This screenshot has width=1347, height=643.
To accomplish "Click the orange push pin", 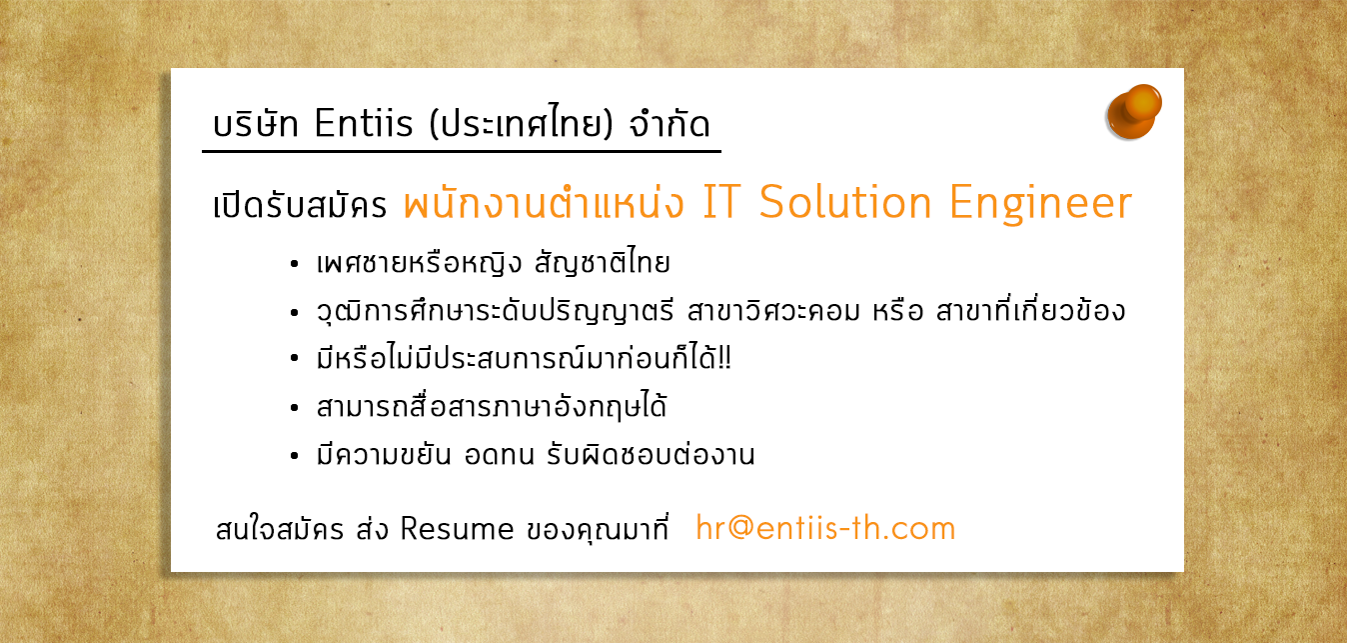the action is (1133, 112).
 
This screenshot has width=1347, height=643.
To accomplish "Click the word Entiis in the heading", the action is (364, 123).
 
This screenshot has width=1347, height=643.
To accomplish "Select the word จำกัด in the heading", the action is (670, 123).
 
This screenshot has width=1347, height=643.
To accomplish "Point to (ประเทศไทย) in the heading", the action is (521, 123).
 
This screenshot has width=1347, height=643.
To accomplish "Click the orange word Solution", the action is (845, 202).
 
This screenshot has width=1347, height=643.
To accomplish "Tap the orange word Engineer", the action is (1041, 203).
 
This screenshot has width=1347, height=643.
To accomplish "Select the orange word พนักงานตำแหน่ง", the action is (544, 202).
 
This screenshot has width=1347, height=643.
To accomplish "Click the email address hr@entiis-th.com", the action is (825, 528).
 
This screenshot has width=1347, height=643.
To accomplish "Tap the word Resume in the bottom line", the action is (457, 529).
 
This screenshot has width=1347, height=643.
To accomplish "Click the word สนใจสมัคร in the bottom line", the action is (279, 529).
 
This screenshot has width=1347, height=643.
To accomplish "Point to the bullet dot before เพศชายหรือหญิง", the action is (294, 264).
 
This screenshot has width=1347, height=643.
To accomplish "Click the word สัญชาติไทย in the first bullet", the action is (602, 262).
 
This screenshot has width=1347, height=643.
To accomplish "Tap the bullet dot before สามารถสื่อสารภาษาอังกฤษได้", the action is (294, 408).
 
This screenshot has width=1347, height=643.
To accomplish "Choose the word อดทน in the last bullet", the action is (499, 455).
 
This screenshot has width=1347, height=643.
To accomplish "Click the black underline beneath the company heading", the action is (462, 151).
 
